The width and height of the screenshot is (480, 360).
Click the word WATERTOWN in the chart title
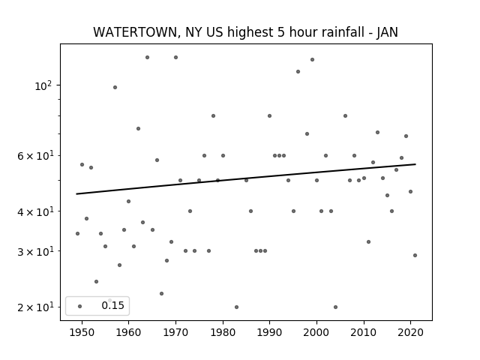tap(135, 32)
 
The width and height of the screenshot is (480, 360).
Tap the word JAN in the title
tap(387, 32)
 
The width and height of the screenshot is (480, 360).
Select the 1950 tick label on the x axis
tap(82, 332)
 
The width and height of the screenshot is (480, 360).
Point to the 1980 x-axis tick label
tap(223, 332)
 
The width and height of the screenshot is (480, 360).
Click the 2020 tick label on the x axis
tap(410, 332)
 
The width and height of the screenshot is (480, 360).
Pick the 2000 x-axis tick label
tap(316, 332)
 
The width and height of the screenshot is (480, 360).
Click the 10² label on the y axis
tap(43, 86)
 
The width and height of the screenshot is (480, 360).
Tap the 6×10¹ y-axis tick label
tap(35, 156)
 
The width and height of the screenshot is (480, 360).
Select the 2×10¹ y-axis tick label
tap(35, 307)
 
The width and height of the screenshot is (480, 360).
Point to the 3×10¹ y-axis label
tap(35, 251)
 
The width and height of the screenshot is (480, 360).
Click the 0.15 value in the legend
tap(112, 305)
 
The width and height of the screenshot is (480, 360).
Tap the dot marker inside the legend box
tap(80, 306)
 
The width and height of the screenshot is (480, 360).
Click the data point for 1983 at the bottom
tap(237, 307)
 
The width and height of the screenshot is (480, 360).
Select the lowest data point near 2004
tap(335, 307)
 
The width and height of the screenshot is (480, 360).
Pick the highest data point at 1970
tap(175, 57)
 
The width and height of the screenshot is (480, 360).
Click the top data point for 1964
tap(147, 57)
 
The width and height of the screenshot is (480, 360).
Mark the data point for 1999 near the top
tap(312, 60)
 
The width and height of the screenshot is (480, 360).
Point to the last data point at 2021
tap(415, 255)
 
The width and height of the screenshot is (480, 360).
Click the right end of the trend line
tap(415, 164)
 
